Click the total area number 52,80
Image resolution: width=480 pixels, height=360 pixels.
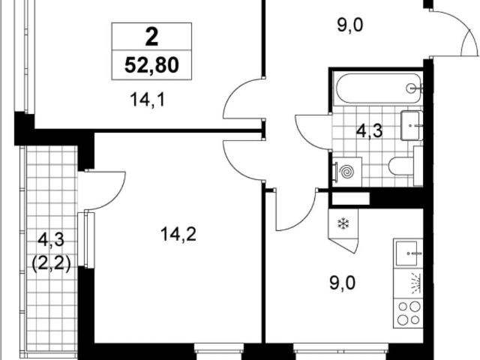tap(151, 65)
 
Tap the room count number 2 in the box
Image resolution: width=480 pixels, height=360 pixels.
tap(151, 37)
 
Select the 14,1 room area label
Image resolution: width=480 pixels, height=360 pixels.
tap(148, 100)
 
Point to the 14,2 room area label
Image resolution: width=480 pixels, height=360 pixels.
tap(178, 235)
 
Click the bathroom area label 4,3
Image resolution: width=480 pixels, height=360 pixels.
tap(370, 130)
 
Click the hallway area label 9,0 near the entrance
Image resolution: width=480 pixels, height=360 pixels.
tap(350, 25)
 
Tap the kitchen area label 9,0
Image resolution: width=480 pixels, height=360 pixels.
tap(343, 283)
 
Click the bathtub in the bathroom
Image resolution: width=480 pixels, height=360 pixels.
tap(379, 88)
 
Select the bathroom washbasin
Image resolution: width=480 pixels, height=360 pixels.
tap(412, 125)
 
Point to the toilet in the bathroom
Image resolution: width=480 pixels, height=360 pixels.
tap(405, 166)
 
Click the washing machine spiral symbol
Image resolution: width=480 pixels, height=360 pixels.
tap(347, 172)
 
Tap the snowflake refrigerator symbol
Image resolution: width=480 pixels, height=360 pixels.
tap(343, 223)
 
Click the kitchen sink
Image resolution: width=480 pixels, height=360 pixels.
tap(406, 253)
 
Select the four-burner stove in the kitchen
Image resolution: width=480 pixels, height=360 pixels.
tap(409, 313)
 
